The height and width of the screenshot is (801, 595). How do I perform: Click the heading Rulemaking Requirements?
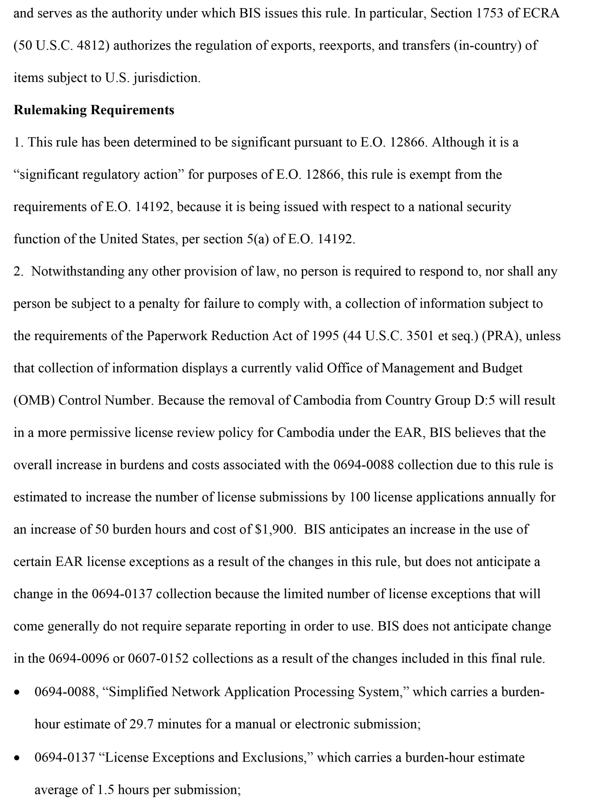[x=94, y=110]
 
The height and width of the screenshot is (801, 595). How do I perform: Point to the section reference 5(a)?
[x=258, y=239]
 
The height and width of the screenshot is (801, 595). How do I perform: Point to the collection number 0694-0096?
[x=79, y=658]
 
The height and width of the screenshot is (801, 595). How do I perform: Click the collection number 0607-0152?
[x=158, y=658]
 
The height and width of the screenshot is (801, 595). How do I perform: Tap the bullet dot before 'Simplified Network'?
[x=17, y=693]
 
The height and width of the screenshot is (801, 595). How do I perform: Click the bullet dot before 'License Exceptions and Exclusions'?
[x=17, y=758]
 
